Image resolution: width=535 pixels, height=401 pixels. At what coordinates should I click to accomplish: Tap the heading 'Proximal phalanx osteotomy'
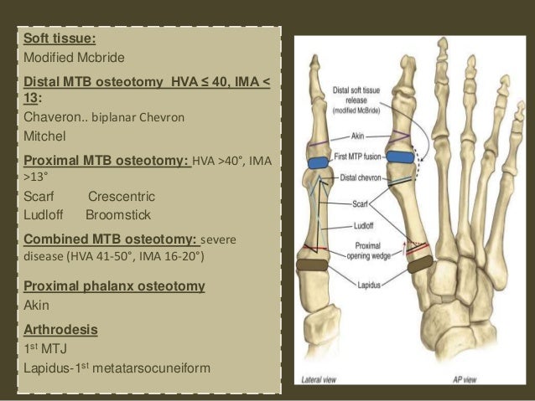click(x=113, y=286)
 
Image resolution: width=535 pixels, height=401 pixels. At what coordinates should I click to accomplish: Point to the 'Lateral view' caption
click(x=322, y=378)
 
